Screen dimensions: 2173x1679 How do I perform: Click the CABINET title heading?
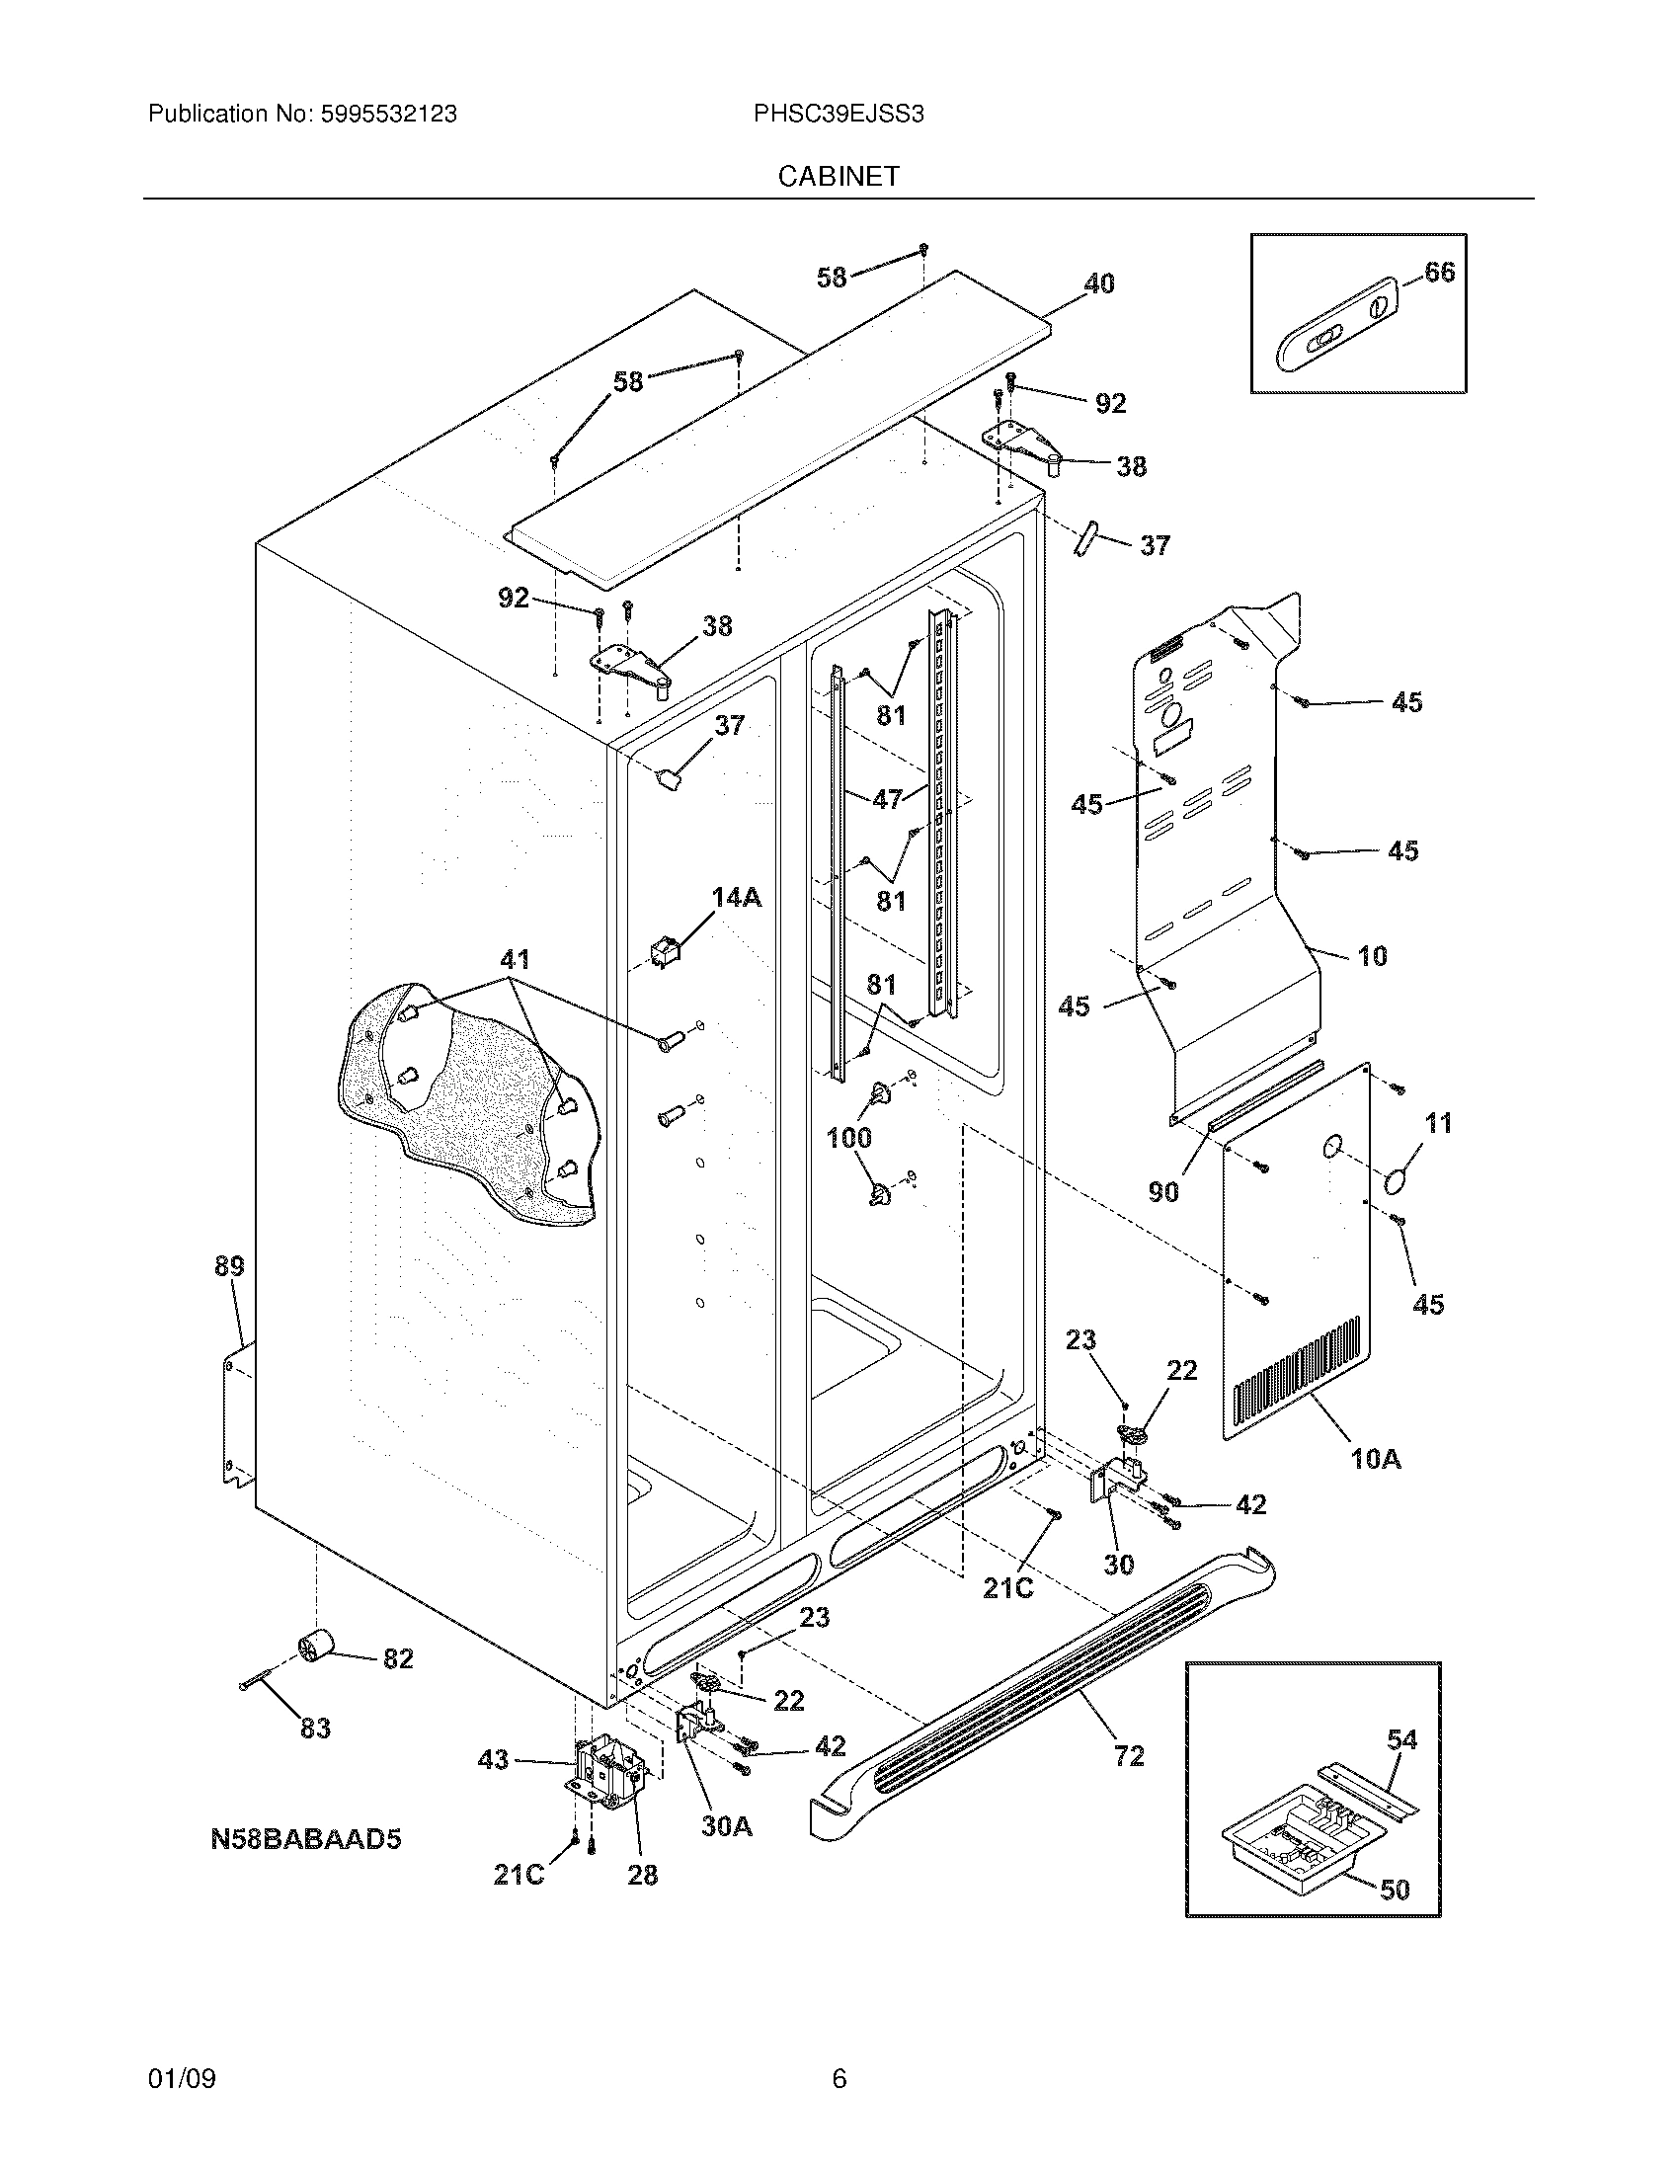pyautogui.click(x=839, y=176)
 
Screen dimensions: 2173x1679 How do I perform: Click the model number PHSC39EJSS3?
pyautogui.click(x=839, y=115)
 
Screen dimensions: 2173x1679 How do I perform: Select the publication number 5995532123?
pyautogui.click(x=388, y=115)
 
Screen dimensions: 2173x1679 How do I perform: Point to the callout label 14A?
pyautogui.click(x=736, y=898)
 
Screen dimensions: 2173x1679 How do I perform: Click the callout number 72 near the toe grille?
pyautogui.click(x=1129, y=1756)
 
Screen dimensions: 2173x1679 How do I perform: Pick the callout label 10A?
pyautogui.click(x=1376, y=1460)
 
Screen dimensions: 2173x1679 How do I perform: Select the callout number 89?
pyautogui.click(x=229, y=1266)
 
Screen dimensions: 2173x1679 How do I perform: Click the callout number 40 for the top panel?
pyautogui.click(x=1098, y=283)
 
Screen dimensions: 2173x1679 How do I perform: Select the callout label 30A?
pyautogui.click(x=726, y=1825)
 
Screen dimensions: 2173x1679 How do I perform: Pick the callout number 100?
pyautogui.click(x=849, y=1137)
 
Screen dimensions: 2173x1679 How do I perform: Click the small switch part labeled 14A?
pyautogui.click(x=664, y=951)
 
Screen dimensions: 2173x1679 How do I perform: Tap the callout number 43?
pyautogui.click(x=494, y=1759)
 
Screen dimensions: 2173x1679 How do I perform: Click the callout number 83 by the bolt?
pyautogui.click(x=315, y=1729)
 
